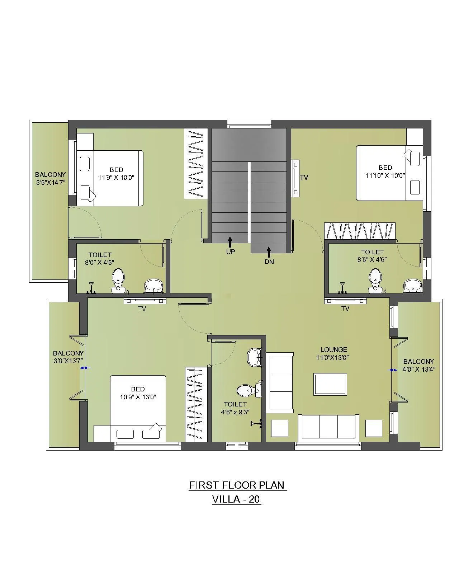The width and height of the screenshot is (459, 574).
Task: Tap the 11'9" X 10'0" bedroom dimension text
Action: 116,177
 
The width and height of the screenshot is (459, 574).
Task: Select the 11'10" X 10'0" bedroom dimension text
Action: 385,176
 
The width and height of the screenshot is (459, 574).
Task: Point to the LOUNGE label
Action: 333,349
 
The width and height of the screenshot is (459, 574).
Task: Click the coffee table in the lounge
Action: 330,384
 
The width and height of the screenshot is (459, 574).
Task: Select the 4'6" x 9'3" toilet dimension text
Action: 235,412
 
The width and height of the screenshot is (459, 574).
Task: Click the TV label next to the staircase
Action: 304,178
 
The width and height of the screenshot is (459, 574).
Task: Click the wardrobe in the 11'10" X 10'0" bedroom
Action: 360,231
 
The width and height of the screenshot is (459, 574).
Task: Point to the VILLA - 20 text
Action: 236,499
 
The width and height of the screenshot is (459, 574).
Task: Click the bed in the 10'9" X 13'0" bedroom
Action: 138,409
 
